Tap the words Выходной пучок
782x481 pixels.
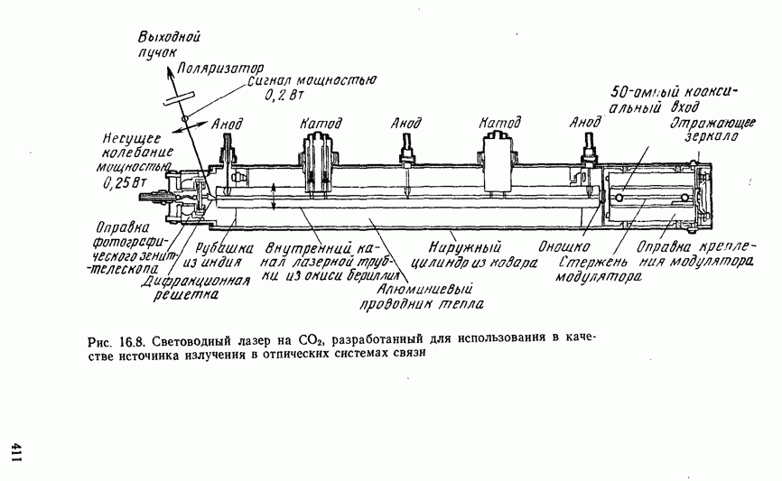(168, 45)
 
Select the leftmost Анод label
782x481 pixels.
(226, 125)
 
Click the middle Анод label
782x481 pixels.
(405, 124)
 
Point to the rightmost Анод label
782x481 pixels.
(586, 123)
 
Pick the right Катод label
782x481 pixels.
(498, 123)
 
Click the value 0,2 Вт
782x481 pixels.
(281, 95)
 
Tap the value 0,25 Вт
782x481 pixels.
(126, 181)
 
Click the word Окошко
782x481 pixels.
(565, 244)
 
